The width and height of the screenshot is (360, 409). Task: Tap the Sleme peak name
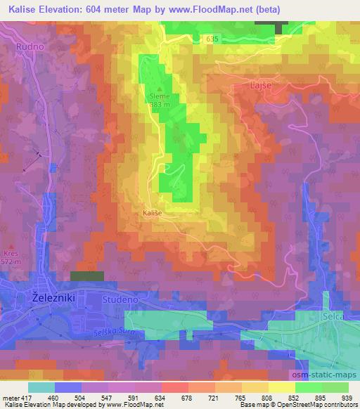click(x=158, y=96)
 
